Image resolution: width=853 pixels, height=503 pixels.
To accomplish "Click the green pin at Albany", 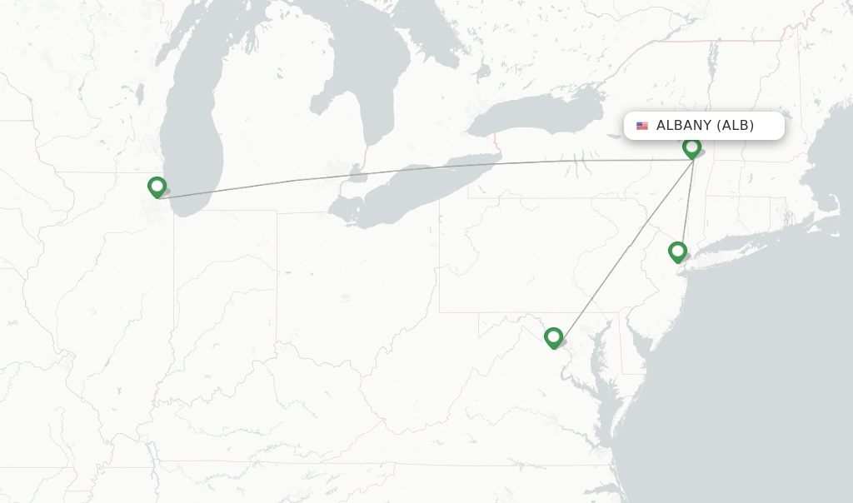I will point(691,148).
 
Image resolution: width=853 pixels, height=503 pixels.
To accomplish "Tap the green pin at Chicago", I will point(157,187).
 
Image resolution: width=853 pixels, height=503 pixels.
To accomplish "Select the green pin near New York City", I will point(677,251).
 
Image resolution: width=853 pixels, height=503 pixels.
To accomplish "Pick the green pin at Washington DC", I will point(553,337).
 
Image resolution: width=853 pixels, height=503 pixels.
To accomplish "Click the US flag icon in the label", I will point(642,126).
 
